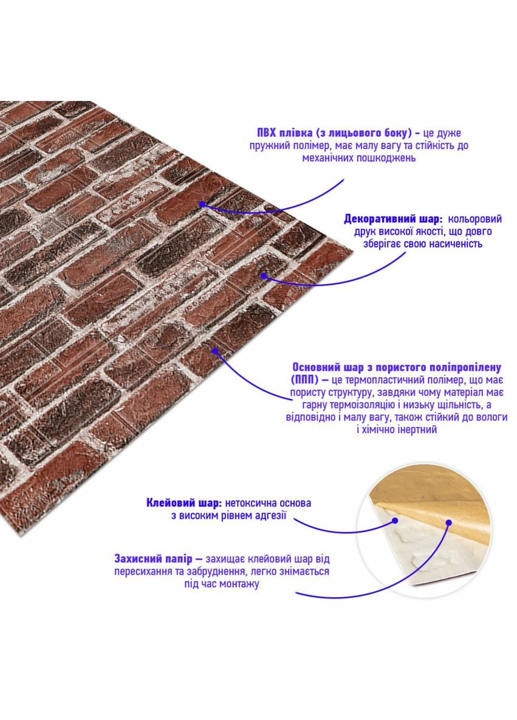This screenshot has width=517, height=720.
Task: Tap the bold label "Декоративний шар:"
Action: click(x=393, y=219)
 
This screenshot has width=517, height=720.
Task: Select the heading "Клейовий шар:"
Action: click(x=184, y=503)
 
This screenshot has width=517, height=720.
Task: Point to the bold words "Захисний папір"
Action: click(x=153, y=559)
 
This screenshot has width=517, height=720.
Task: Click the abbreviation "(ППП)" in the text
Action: click(x=304, y=380)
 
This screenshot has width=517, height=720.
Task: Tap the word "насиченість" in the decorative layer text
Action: click(x=456, y=244)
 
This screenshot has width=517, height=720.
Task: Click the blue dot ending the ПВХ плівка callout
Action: click(x=202, y=204)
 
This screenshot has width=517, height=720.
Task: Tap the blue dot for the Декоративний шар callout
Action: click(x=263, y=275)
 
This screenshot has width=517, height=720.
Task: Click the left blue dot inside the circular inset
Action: click(x=394, y=521)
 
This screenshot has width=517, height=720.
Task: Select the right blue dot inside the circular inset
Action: click(x=448, y=522)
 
